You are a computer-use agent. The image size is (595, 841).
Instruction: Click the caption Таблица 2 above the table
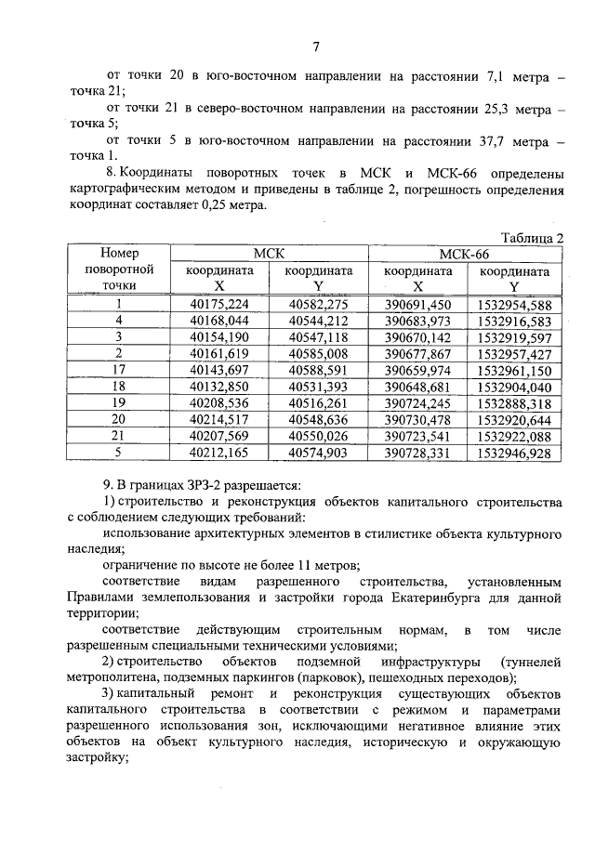(532, 238)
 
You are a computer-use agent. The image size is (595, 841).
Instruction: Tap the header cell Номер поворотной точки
(119, 269)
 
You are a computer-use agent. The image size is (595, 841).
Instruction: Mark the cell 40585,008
(318, 354)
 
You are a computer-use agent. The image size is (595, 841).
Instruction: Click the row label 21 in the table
(119, 437)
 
